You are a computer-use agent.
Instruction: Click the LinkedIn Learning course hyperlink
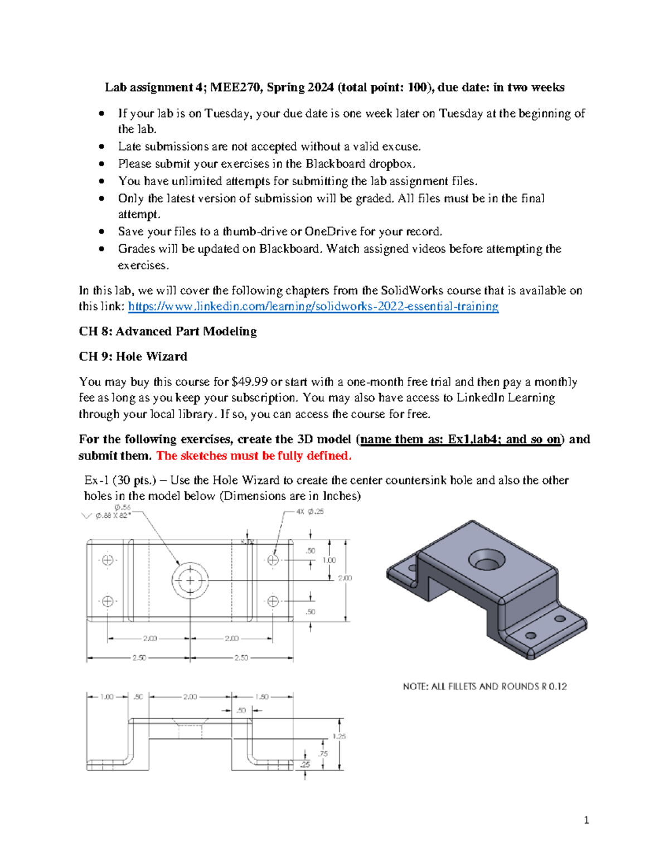[313, 306]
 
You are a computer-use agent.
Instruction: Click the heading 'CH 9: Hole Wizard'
[133, 356]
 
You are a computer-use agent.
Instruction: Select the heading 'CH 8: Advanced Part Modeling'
[167, 331]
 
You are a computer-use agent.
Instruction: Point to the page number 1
[586, 820]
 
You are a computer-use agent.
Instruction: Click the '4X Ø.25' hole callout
[310, 511]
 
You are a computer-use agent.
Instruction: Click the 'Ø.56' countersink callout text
[122, 507]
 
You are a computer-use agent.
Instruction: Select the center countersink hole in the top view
[190, 580]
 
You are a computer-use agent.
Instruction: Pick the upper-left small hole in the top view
[108, 560]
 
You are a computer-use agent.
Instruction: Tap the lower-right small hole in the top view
[273, 601]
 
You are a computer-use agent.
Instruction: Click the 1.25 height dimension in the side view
[339, 736]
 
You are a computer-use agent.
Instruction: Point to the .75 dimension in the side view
[323, 753]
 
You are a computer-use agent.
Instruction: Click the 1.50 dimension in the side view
[261, 696]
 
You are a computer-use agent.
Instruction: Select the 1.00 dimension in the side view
[106, 696]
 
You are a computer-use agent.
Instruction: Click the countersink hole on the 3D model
[486, 559]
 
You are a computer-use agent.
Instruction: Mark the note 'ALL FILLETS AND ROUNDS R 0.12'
[484, 686]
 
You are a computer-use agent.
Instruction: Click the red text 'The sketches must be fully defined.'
[254, 456]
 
